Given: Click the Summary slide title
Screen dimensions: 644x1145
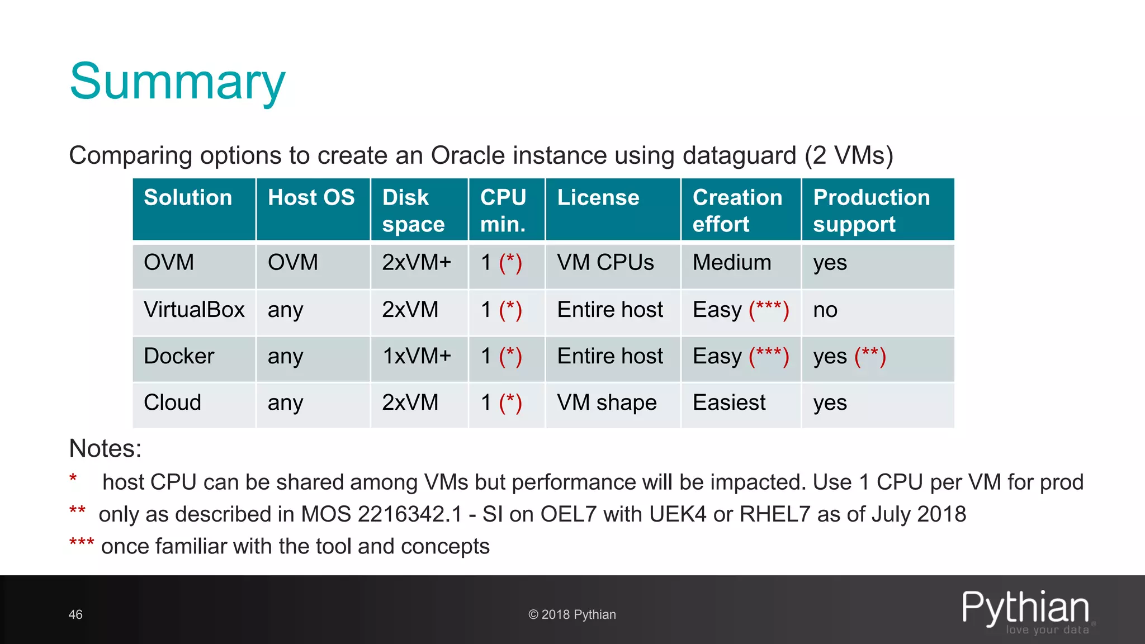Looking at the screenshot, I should pyautogui.click(x=177, y=82).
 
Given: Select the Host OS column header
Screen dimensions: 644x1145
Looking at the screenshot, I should pyautogui.click(x=311, y=198).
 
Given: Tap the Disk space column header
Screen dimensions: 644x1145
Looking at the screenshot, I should pyautogui.click(x=413, y=210).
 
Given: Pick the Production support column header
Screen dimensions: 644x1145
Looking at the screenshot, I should pyautogui.click(x=871, y=210).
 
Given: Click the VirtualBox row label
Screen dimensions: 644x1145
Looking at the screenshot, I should pyautogui.click(x=194, y=310).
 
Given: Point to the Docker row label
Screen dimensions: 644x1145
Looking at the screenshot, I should pyautogui.click(x=179, y=356).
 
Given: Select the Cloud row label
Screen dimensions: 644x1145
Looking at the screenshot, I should pyautogui.click(x=172, y=402).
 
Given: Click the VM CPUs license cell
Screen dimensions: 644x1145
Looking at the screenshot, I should pyautogui.click(x=605, y=263).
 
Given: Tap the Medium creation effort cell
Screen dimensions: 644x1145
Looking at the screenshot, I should pyautogui.click(x=732, y=263).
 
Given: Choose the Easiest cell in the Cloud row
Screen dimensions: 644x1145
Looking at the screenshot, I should pyautogui.click(x=729, y=402).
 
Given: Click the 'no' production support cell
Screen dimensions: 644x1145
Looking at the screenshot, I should pyautogui.click(x=825, y=310).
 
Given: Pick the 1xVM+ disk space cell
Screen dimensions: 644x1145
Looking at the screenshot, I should pyautogui.click(x=417, y=356).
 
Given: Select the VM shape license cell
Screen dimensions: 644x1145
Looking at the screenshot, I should pyautogui.click(x=607, y=402).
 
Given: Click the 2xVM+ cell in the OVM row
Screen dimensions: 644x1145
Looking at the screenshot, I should pyautogui.click(x=417, y=263).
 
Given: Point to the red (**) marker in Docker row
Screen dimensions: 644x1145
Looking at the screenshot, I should pyautogui.click(x=870, y=356).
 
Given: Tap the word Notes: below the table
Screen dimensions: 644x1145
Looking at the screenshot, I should pyautogui.click(x=105, y=448).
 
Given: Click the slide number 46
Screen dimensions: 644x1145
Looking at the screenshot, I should pyautogui.click(x=75, y=614).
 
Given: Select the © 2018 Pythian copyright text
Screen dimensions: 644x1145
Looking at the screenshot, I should pyautogui.click(x=572, y=614).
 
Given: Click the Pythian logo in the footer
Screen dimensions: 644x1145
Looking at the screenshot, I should pyautogui.click(x=1026, y=610).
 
